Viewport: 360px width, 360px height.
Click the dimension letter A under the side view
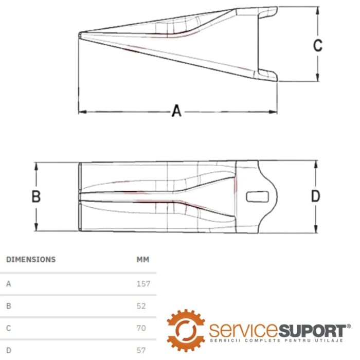(176, 111)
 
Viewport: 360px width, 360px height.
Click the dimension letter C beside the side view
(318, 45)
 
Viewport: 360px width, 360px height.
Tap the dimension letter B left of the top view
(36, 196)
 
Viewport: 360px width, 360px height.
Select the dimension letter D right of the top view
(315, 196)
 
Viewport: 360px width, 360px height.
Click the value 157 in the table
(143, 284)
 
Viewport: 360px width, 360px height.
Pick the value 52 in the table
(141, 306)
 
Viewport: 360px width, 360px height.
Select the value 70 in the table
(141, 328)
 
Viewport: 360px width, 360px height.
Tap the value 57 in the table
(141, 350)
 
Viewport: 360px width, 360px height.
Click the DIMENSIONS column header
(31, 259)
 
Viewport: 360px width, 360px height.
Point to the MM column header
(143, 259)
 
